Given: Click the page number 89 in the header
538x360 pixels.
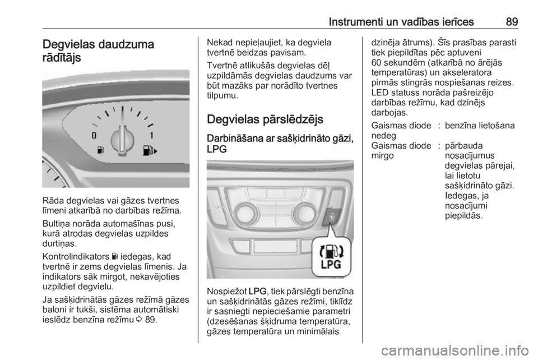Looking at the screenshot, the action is click(x=512, y=22).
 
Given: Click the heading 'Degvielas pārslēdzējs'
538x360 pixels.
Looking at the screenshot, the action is click(x=265, y=119).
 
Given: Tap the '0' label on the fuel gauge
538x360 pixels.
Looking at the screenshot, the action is click(x=94, y=135).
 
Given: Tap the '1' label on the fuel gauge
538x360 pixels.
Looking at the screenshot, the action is click(x=151, y=135).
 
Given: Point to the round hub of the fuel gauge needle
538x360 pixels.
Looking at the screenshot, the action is click(x=123, y=140).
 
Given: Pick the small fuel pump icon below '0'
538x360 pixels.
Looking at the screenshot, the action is click(x=100, y=150).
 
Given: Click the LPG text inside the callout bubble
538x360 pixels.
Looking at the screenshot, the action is click(x=331, y=265).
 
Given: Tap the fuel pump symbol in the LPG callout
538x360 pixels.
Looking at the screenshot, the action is click(x=331, y=252).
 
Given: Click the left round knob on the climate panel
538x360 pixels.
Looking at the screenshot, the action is click(x=244, y=213).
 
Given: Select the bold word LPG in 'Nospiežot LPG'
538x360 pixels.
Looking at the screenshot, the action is click(x=257, y=292).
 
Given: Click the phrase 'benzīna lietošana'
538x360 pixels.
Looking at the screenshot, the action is click(x=480, y=126).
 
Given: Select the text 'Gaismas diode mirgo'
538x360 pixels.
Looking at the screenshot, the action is click(x=401, y=151).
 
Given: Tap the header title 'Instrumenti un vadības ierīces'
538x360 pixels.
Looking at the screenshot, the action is click(x=401, y=22).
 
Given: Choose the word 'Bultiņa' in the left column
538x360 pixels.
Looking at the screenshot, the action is click(x=57, y=224).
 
